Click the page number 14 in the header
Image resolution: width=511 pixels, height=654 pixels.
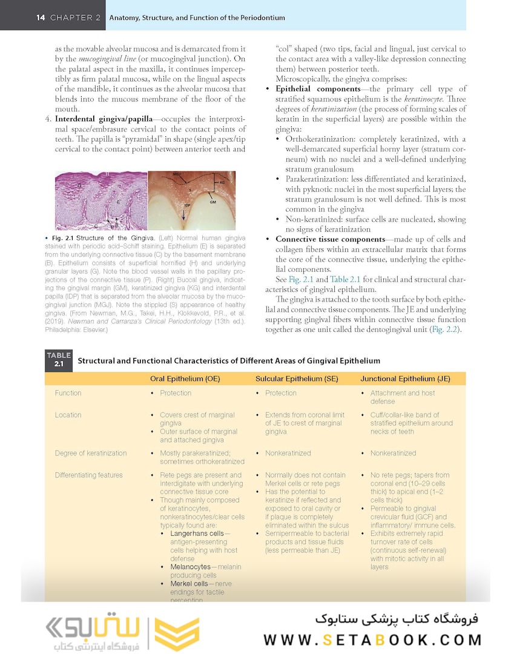point(41,18)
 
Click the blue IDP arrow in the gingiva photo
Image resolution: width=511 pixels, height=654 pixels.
point(184,214)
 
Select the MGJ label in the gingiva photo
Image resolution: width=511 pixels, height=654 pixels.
point(160,176)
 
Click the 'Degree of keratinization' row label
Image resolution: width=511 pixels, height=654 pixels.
point(91,453)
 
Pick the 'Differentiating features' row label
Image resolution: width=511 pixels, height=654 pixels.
point(88,475)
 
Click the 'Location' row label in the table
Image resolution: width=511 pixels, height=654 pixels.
point(68,415)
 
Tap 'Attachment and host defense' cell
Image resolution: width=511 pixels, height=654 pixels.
point(403,397)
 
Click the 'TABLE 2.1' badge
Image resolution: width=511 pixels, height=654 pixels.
point(59,360)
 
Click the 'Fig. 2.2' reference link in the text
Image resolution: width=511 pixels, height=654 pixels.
point(447,329)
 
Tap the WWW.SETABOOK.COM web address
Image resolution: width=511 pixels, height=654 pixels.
point(372,639)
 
